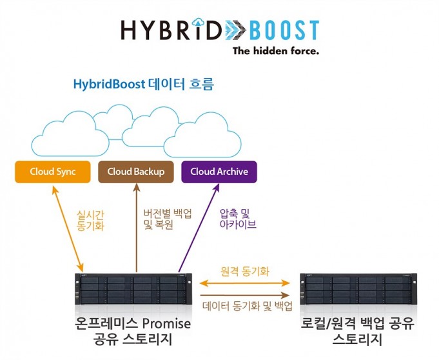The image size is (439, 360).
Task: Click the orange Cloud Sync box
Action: point(53,172)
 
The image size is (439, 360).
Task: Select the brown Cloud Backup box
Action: point(136,172)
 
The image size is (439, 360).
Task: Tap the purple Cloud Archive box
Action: point(219,172)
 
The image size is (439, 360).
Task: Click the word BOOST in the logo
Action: point(284,30)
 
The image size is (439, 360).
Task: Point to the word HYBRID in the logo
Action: point(171,29)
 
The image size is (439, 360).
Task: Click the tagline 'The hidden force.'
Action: point(276,51)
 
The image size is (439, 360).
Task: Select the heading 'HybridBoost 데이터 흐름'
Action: point(143,84)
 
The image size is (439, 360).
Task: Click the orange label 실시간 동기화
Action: point(90,221)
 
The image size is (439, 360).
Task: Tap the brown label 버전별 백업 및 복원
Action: point(168,219)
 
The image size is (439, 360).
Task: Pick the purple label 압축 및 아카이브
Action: point(238,219)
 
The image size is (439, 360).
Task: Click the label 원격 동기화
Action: point(245,271)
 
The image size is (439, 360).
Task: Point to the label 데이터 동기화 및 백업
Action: point(248,306)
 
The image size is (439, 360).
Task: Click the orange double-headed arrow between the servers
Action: point(245,283)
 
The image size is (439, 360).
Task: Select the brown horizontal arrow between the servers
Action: point(245,295)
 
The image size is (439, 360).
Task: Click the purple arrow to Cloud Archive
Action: point(199,228)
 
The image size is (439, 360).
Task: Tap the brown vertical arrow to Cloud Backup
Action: point(137,228)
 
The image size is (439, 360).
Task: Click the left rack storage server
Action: point(133,289)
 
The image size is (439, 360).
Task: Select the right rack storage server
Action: point(358,289)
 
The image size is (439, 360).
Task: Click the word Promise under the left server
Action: point(166,324)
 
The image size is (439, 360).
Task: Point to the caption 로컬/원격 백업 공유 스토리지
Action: point(357,331)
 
